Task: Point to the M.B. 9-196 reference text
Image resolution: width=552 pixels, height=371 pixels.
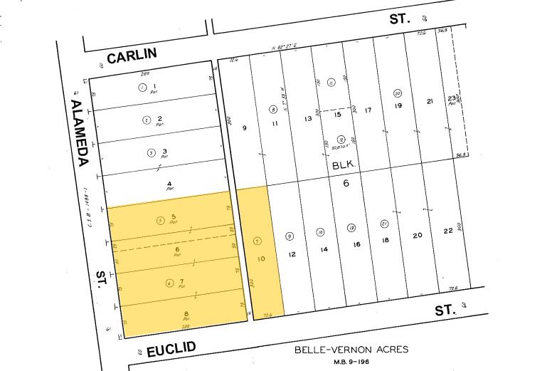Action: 351,361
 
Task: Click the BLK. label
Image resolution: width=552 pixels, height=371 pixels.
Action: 344,164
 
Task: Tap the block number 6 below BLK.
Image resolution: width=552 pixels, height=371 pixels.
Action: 347,184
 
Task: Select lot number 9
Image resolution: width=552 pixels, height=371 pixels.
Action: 244,128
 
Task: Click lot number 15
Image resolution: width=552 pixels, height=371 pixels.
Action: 338,114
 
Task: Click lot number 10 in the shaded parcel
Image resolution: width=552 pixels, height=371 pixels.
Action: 261,259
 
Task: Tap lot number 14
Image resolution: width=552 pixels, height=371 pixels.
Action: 324,249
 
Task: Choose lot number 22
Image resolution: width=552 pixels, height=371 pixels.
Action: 447,231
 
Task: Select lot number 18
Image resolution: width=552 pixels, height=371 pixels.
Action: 386,240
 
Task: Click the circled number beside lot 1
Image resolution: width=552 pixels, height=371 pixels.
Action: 142,88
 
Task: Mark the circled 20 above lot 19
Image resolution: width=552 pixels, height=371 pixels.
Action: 398,93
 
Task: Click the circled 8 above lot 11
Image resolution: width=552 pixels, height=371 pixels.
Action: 272,110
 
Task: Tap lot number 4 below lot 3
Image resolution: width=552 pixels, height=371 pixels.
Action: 169,184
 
